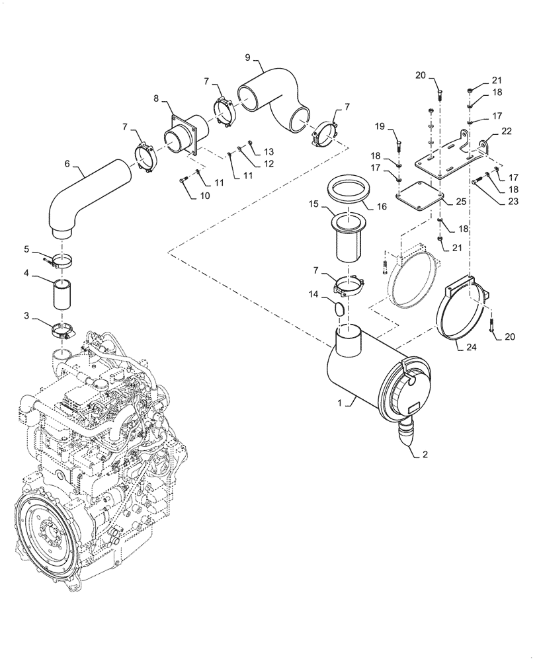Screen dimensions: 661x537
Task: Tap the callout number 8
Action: point(156,98)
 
